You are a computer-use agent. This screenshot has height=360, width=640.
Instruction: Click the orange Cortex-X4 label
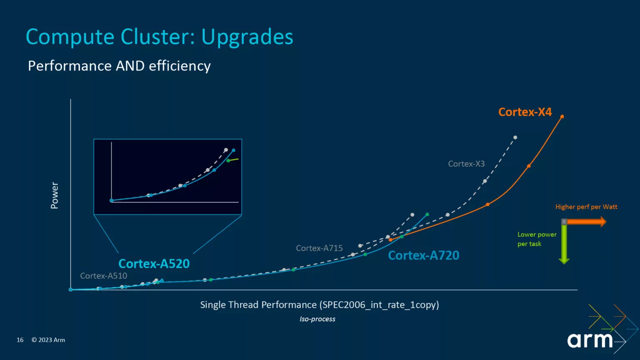pyautogui.click(x=525, y=112)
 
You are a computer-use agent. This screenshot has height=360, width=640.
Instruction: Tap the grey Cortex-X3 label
pyautogui.click(x=466, y=164)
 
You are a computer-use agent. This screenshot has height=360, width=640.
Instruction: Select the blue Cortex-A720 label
pyautogui.click(x=423, y=255)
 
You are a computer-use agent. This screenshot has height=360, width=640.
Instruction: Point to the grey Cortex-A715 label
pyautogui.click(x=319, y=248)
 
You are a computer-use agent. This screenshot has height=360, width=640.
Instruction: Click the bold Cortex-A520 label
pyautogui.click(x=154, y=264)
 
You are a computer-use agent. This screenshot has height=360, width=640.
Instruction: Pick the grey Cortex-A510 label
pyautogui.click(x=103, y=276)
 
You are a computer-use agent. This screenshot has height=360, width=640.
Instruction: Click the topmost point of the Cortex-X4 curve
pyautogui.click(x=562, y=117)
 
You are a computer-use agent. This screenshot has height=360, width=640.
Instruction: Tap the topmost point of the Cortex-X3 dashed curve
pyautogui.click(x=515, y=137)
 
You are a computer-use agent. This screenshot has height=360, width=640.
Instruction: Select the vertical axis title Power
pyautogui.click(x=55, y=195)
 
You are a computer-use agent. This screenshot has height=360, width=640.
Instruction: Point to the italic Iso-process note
pyautogui.click(x=317, y=319)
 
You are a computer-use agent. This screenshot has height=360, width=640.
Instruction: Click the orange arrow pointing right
pyautogui.click(x=586, y=222)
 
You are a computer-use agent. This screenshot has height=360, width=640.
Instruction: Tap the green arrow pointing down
pyautogui.click(x=564, y=243)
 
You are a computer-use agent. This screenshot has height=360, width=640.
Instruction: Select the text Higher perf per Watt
pyautogui.click(x=586, y=207)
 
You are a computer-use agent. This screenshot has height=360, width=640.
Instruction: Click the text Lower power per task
pyautogui.click(x=536, y=239)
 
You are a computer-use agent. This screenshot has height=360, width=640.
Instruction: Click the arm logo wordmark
pyautogui.click(x=590, y=340)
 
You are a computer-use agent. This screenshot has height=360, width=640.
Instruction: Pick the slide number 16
pyautogui.click(x=20, y=340)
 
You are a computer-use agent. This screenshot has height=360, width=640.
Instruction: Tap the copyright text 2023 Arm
pyautogui.click(x=48, y=340)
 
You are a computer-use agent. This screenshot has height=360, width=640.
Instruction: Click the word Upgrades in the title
pyautogui.click(x=247, y=37)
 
